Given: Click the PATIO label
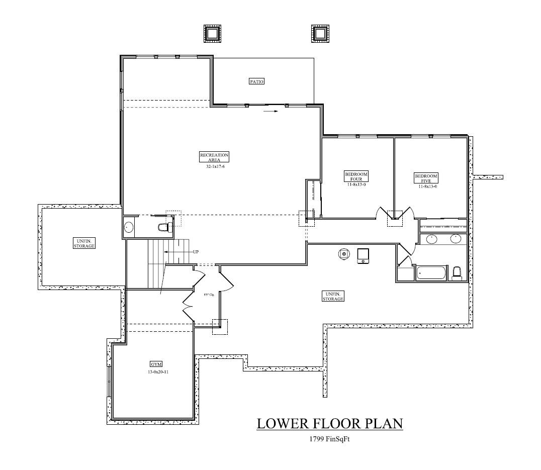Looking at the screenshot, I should [x=256, y=81].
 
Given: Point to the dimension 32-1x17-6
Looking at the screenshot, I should [x=214, y=166].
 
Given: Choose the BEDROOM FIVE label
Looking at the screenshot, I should [x=426, y=177].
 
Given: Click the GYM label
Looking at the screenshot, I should [x=156, y=364].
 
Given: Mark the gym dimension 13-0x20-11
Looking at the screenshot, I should [x=156, y=372].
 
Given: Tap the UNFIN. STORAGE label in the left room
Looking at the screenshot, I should [x=83, y=243].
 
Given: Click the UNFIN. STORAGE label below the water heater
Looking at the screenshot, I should [x=333, y=296].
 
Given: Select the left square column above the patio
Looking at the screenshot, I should [x=212, y=34].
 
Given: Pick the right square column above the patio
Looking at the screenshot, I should [x=320, y=34].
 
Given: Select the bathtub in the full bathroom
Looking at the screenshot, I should [x=431, y=273].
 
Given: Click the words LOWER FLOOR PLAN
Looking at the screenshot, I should [x=330, y=423].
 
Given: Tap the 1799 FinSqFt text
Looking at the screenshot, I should [x=330, y=439].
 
